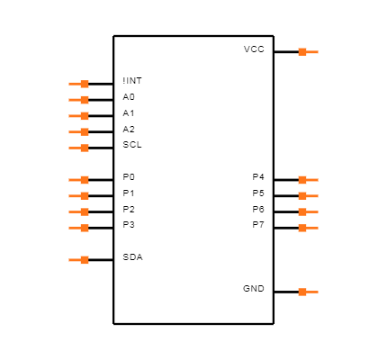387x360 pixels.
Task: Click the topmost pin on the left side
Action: point(79,84)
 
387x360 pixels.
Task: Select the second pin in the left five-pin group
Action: point(79,100)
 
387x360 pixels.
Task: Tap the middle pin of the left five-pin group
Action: point(79,116)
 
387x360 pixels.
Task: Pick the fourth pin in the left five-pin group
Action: point(79,132)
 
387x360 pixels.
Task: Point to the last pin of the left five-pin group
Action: point(79,148)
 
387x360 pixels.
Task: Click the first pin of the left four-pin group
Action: point(79,180)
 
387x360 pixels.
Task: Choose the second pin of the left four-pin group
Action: point(79,195)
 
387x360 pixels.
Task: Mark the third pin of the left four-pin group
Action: point(79,211)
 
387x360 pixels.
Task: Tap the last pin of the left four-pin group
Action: point(79,228)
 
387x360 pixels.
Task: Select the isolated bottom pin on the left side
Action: point(79,260)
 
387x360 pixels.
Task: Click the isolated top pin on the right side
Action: point(308,52)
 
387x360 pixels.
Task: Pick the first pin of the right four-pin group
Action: point(308,180)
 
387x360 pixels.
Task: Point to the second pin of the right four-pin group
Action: point(308,195)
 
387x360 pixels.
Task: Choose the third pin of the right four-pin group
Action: point(308,211)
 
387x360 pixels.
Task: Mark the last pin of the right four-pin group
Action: point(308,228)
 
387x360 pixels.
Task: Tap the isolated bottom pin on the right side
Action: point(308,292)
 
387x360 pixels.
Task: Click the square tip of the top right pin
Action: point(302,52)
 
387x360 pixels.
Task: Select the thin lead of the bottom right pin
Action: point(313,292)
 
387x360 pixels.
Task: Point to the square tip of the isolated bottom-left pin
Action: point(85,260)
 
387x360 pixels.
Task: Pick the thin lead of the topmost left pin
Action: point(74,84)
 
